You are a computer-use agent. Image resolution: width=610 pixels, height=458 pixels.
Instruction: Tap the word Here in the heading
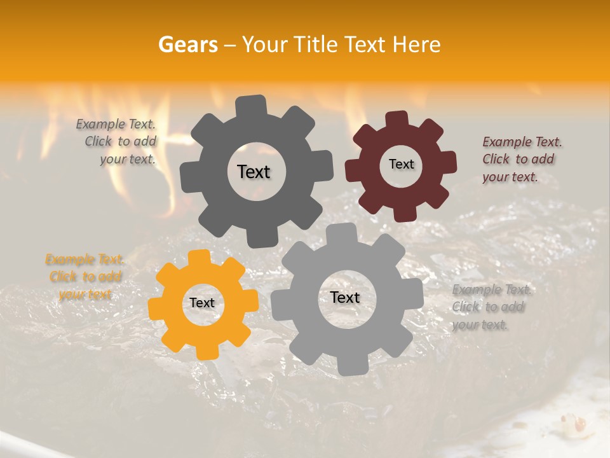tap(416, 45)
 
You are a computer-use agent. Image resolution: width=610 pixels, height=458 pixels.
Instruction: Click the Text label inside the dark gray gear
tap(254, 172)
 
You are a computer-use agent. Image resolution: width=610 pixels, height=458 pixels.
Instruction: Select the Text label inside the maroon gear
tap(401, 164)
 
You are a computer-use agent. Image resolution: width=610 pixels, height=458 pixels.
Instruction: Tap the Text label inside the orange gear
tap(202, 303)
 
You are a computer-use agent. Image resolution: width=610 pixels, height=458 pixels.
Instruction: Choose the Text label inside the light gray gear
tap(345, 297)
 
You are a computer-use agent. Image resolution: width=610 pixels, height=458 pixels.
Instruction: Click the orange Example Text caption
tap(85, 277)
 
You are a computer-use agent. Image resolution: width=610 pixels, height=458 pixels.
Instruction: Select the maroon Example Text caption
tap(522, 159)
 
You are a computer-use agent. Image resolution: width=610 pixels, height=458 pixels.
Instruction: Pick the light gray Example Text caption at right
tap(491, 307)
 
